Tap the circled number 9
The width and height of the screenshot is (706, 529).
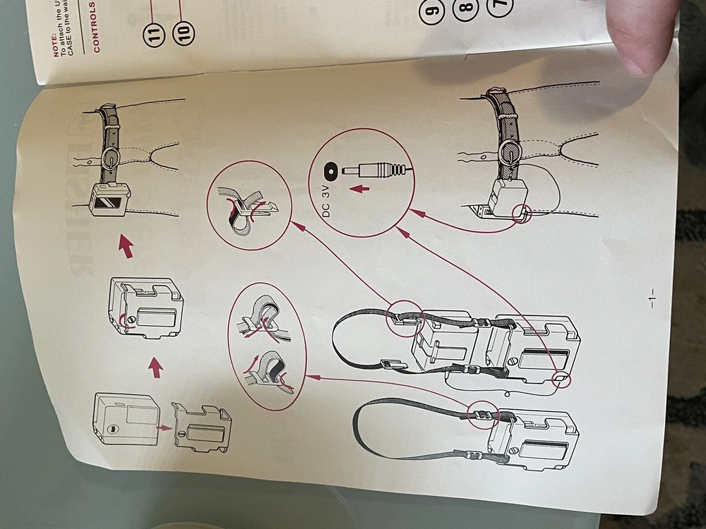pos(431,10)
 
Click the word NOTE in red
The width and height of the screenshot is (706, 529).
pos(55,47)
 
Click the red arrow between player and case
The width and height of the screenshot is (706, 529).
pos(162,428)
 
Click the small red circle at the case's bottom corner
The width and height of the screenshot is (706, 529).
pos(559,381)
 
